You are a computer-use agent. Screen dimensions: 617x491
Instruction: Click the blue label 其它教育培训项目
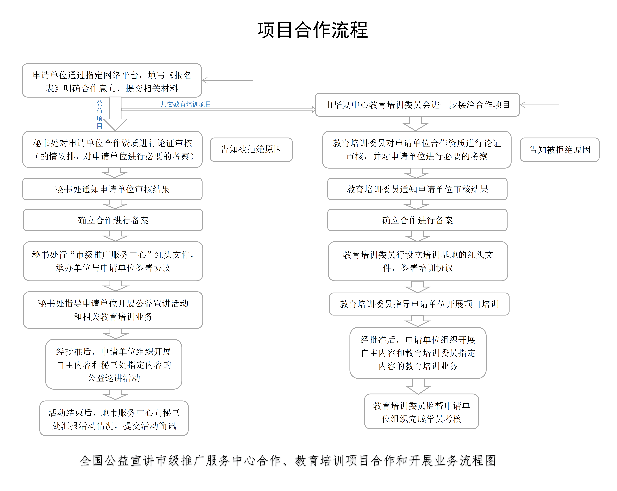(x=186, y=104)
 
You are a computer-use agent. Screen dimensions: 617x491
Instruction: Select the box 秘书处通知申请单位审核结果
(x=112, y=189)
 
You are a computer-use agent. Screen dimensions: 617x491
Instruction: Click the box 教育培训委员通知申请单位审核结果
(x=417, y=189)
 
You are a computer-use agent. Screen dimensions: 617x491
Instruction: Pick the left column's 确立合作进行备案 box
(x=113, y=220)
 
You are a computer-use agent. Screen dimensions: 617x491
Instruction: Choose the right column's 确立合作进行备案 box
(x=417, y=220)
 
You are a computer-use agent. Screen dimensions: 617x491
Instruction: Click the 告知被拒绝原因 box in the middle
(x=251, y=150)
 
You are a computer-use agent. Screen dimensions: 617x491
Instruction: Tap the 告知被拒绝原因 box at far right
(x=560, y=150)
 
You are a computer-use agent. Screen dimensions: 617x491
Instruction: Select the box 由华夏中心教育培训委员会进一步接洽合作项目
(x=417, y=105)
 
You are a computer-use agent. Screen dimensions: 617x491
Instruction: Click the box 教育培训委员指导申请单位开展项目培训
(x=419, y=304)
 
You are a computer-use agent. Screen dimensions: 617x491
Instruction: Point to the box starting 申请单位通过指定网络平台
(x=112, y=80)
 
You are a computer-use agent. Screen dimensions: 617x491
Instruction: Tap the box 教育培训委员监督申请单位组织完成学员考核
(x=421, y=411)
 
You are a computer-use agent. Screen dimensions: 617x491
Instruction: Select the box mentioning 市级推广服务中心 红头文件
(x=113, y=261)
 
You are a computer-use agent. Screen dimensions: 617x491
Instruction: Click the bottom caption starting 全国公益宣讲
(x=288, y=460)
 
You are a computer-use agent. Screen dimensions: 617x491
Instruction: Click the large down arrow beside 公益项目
(x=115, y=114)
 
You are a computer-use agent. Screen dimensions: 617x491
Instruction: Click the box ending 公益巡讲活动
(x=114, y=364)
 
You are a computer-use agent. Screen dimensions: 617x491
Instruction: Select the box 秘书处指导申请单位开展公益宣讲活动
(x=113, y=310)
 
